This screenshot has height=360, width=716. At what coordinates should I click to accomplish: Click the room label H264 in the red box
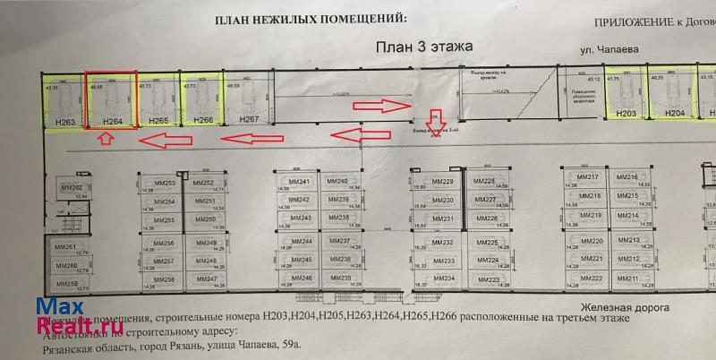112,120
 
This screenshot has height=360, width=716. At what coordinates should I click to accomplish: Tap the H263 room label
65,121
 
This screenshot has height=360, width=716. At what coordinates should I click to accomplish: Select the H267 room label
250,119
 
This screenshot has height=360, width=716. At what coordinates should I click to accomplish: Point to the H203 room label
626,114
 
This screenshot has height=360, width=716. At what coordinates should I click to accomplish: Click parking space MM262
71,188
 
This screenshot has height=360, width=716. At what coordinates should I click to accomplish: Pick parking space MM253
164,184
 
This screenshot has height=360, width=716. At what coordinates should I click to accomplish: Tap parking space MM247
207,279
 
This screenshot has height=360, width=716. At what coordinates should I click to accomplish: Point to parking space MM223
488,279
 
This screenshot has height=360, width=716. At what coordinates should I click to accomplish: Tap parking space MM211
628,279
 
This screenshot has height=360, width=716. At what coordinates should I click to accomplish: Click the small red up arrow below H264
105,139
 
